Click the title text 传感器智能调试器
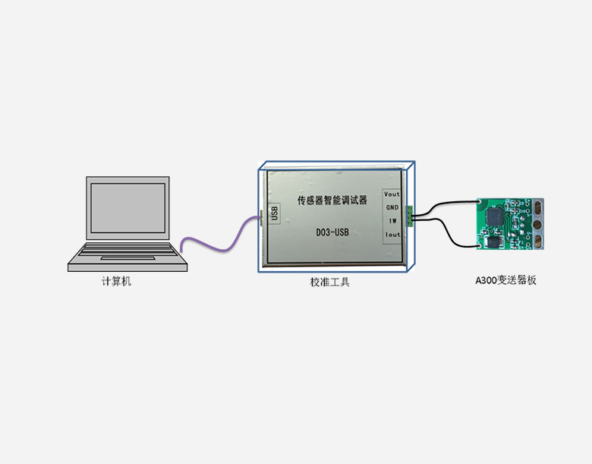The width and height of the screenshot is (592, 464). pos(332,201)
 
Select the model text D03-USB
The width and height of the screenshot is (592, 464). pos(332,232)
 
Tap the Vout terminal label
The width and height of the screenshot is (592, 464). pos(392,194)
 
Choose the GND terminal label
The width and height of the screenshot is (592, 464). pos(392,207)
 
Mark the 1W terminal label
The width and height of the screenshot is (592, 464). pos(392,221)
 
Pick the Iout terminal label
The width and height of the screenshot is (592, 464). pos(392,235)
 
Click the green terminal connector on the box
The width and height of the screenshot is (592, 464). pos(409,216)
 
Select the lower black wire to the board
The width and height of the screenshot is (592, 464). pos(448,234)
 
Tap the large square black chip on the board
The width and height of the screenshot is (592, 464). pos(496,216)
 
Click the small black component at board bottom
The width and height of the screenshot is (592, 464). pos(491,241)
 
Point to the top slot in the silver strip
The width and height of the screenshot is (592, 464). pos(538,205)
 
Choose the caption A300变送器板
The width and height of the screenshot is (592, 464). pos(505,280)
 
